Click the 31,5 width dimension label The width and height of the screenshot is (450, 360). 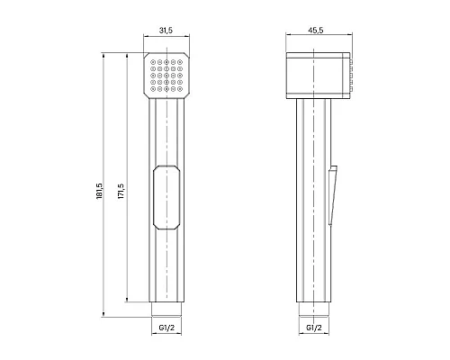[166, 31]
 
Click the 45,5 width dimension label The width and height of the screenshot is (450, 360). [316, 31]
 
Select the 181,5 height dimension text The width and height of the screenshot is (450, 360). [100, 191]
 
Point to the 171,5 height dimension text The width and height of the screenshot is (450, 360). [121, 191]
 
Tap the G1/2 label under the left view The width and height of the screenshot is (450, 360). [166, 328]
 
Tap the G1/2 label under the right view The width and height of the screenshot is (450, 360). [314, 328]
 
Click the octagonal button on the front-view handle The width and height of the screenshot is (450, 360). [166, 197]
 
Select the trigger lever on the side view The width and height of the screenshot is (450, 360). [333, 195]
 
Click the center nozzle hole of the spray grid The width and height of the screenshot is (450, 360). [166, 76]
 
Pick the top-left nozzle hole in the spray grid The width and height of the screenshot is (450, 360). [153, 62]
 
